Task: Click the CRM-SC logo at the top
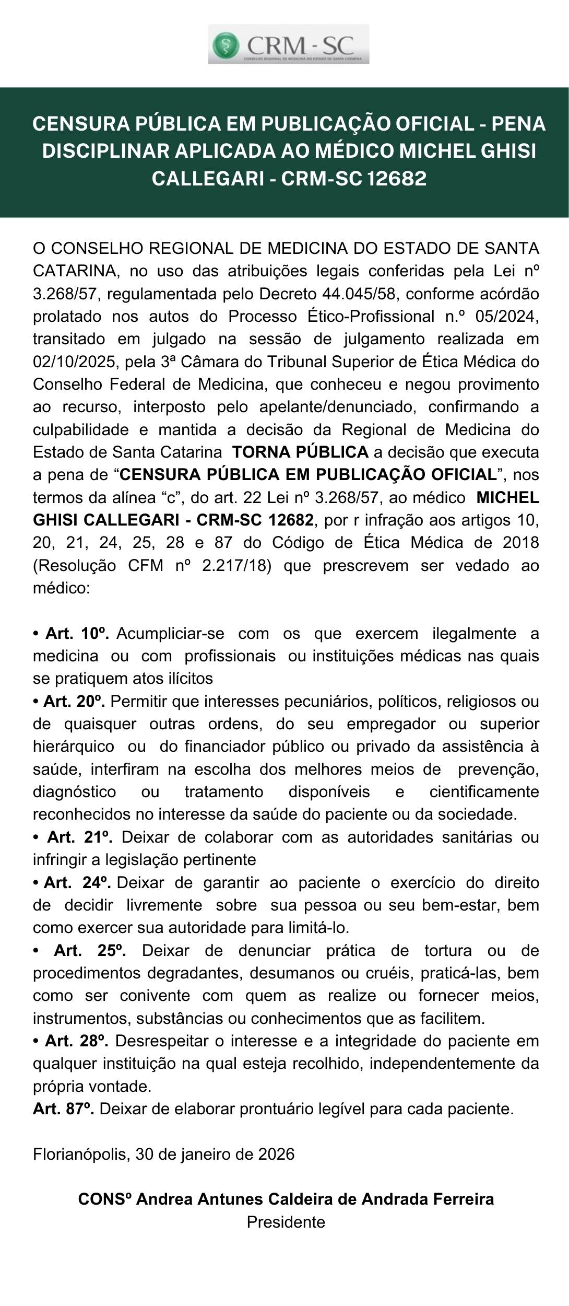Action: (x=289, y=44)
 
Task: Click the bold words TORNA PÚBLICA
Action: (x=300, y=452)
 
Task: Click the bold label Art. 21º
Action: (x=80, y=837)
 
